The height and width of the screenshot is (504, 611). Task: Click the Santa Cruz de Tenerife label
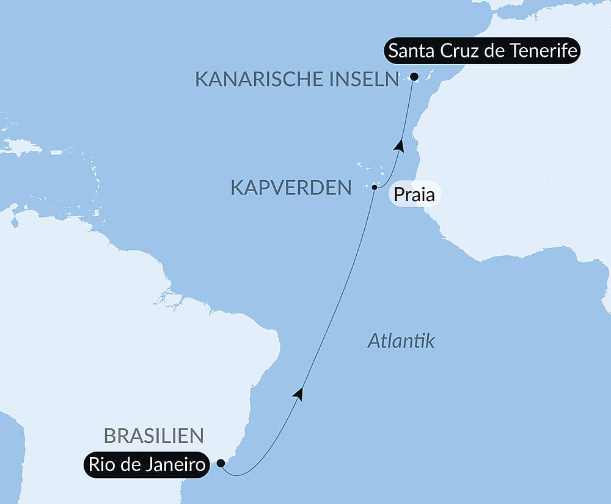pos(482,51)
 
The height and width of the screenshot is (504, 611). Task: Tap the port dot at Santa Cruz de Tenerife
pos(414,77)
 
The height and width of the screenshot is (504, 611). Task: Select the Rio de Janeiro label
pos(147,465)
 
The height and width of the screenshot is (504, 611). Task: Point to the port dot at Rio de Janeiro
pos(221,463)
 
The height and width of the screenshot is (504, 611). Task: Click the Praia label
pos(414,196)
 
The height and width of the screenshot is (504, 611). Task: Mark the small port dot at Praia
pos(375,187)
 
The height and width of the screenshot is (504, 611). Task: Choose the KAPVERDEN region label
pos(291,188)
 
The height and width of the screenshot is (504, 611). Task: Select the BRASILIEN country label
pos(153,436)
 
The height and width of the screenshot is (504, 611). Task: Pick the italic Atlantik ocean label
pos(401,341)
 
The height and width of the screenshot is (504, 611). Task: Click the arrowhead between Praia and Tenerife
pos(400,145)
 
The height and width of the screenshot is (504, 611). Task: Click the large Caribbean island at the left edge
pos(22,147)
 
